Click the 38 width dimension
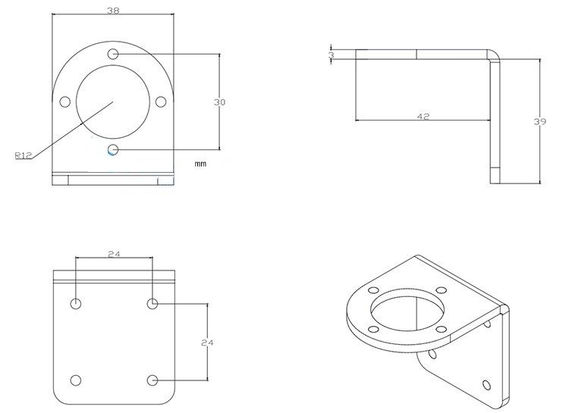pyautogui.click(x=114, y=11)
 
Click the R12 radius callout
pyautogui.click(x=23, y=155)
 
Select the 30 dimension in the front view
pyautogui.click(x=220, y=102)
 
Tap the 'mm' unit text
pyautogui.click(x=200, y=163)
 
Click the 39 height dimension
pyautogui.click(x=540, y=120)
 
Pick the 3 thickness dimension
pyautogui.click(x=332, y=55)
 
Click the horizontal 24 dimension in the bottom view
pyautogui.click(x=114, y=254)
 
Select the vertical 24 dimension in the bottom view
pyautogui.click(x=206, y=343)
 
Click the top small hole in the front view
pyautogui.click(x=113, y=54)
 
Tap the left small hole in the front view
pyautogui.click(x=65, y=102)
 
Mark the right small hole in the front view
pyautogui.click(x=160, y=102)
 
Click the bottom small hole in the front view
pyautogui.click(x=113, y=149)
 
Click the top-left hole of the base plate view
pyautogui.click(x=76, y=304)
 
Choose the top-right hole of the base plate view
pyautogui.click(x=152, y=304)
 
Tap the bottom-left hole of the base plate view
pyautogui.click(x=76, y=380)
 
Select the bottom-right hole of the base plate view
pyautogui.click(x=152, y=380)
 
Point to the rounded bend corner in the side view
pyautogui.click(x=493, y=55)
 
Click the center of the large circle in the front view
pyautogui.click(x=113, y=102)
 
